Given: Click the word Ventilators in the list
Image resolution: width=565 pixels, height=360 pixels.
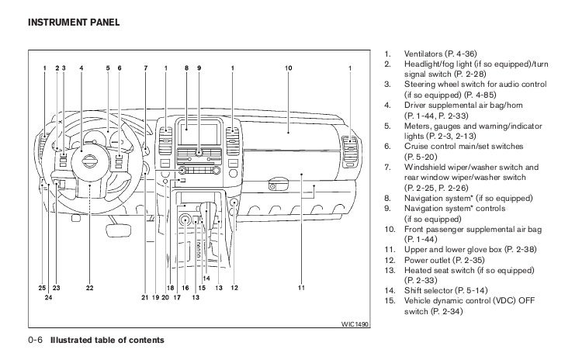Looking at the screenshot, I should click(x=426, y=54).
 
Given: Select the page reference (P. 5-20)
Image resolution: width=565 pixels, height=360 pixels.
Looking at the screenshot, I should click(x=423, y=156).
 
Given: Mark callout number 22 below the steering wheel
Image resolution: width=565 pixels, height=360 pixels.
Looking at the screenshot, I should click(x=90, y=288).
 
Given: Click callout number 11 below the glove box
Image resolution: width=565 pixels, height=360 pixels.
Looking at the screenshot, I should click(x=300, y=288).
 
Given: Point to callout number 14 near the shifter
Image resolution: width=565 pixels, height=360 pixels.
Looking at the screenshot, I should click(x=206, y=278).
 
